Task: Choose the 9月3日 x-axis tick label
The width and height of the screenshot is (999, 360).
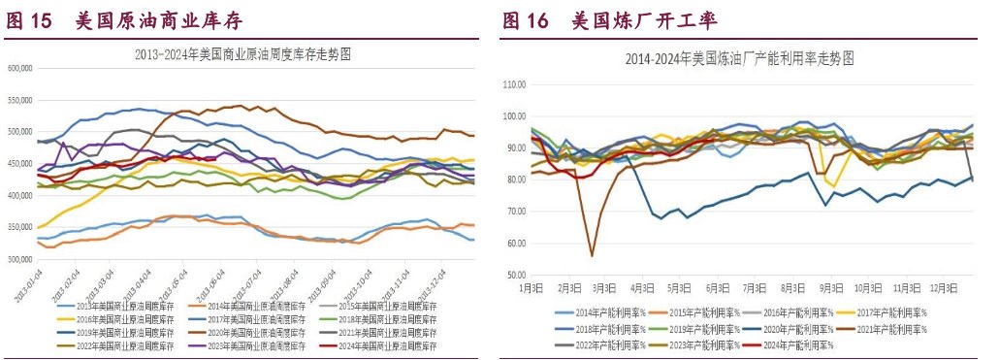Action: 830,288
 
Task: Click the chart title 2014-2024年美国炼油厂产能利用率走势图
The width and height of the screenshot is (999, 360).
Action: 741,58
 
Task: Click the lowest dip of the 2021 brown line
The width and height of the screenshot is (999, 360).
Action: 592,256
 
